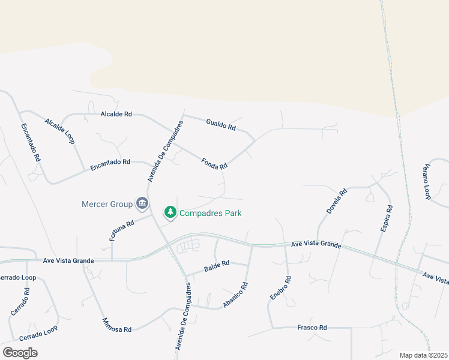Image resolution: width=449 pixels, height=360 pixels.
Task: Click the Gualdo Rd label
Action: point(221,125)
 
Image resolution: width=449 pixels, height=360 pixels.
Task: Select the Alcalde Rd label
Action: point(116,113)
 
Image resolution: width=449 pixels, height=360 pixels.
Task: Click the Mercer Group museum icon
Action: point(142,204)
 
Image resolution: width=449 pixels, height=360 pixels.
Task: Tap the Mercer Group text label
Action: point(107,204)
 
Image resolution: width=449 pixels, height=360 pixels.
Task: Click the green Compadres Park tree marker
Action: point(170,212)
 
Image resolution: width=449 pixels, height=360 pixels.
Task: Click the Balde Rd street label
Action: point(217,263)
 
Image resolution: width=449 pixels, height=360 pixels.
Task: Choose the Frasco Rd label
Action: point(312,328)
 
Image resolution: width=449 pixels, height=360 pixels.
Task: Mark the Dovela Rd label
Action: point(337,202)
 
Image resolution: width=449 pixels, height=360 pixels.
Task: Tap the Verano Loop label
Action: point(427,181)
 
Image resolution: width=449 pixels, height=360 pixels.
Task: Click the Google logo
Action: point(20,352)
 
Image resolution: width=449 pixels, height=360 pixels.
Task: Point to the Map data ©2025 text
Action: point(423,355)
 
